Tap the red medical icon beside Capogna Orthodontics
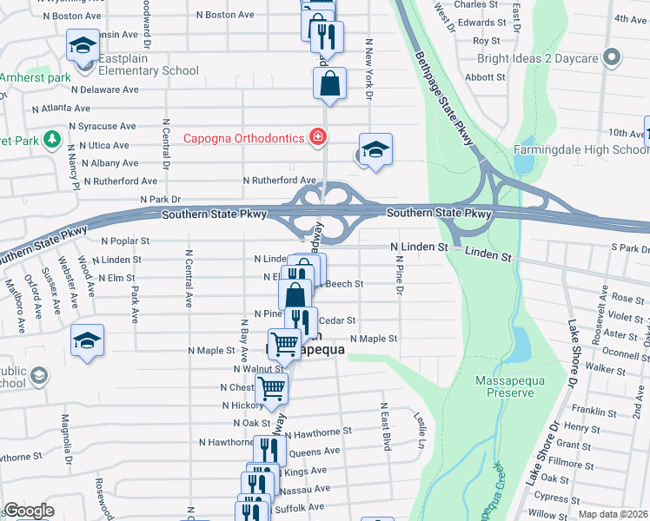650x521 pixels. tap(318, 137)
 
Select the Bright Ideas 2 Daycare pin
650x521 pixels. tap(612, 58)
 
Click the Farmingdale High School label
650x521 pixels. tap(580, 149)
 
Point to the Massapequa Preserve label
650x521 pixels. tap(505, 386)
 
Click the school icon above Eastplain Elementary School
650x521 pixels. tap(83, 45)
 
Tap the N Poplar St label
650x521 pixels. tap(127, 241)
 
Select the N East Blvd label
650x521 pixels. tap(382, 425)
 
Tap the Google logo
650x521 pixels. tap(29, 511)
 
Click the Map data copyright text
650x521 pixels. tap(613, 514)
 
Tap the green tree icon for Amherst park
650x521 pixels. tap(52, 139)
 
